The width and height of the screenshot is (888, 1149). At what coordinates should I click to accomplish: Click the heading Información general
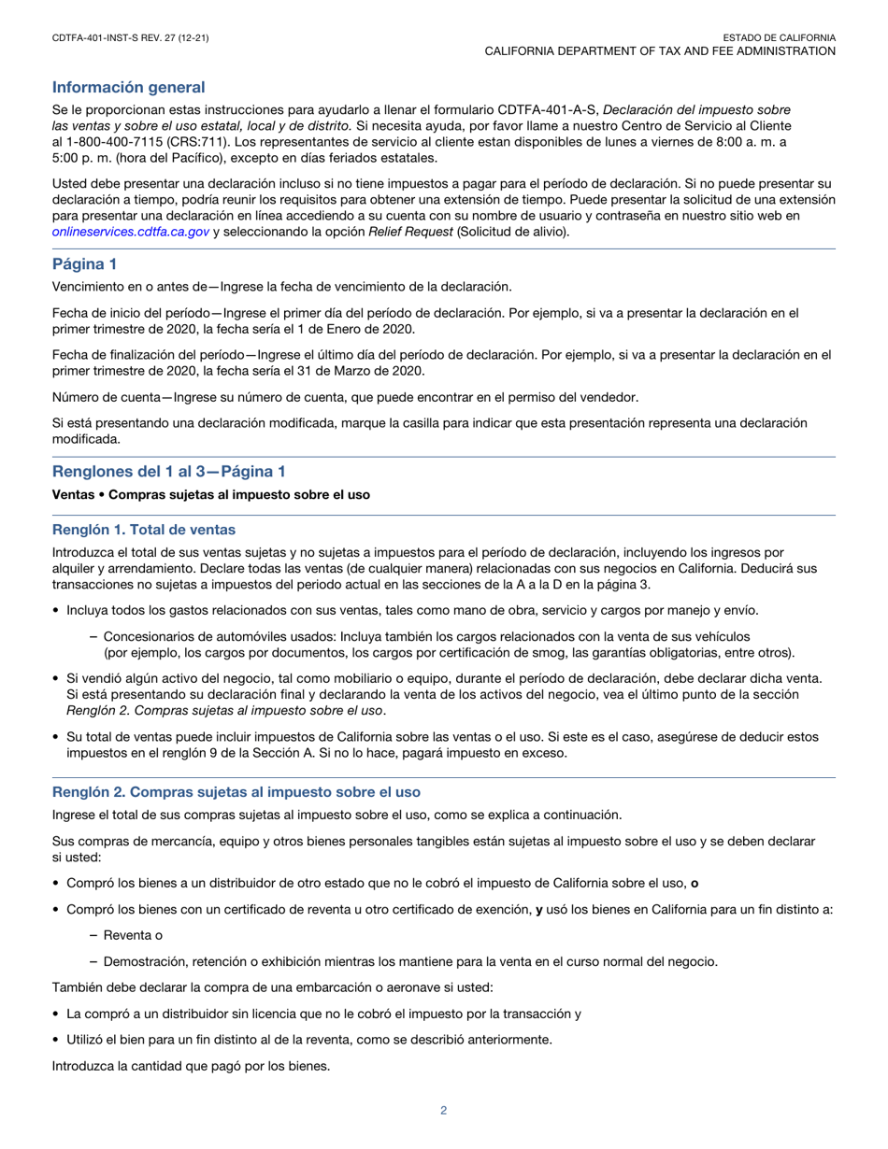pos(128,87)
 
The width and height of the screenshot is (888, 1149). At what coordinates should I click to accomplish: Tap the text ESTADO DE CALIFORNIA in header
pos(780,37)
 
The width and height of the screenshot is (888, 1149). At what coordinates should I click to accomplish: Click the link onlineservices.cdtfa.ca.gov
pos(130,232)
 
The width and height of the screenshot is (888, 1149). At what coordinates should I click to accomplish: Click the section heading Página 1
pos(84,264)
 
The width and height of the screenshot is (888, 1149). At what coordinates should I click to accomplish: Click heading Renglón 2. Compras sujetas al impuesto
pos(236,791)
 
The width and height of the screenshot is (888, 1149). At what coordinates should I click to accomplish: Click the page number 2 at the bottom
pos(444,1111)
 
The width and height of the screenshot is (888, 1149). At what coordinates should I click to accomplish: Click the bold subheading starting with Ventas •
pos(210,495)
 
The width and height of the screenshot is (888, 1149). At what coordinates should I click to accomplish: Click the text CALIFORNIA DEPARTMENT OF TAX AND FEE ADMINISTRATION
pos(659,51)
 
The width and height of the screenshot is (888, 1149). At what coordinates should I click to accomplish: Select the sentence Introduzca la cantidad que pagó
pos(191,1064)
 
